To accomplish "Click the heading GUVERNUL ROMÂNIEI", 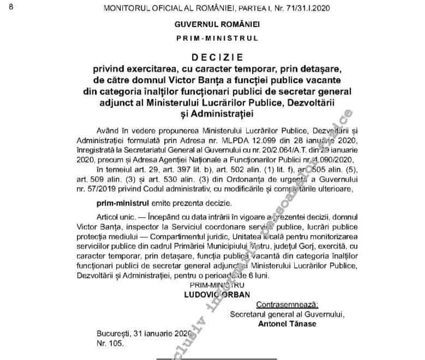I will click(x=217, y=25).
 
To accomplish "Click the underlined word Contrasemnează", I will click(x=283, y=304).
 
